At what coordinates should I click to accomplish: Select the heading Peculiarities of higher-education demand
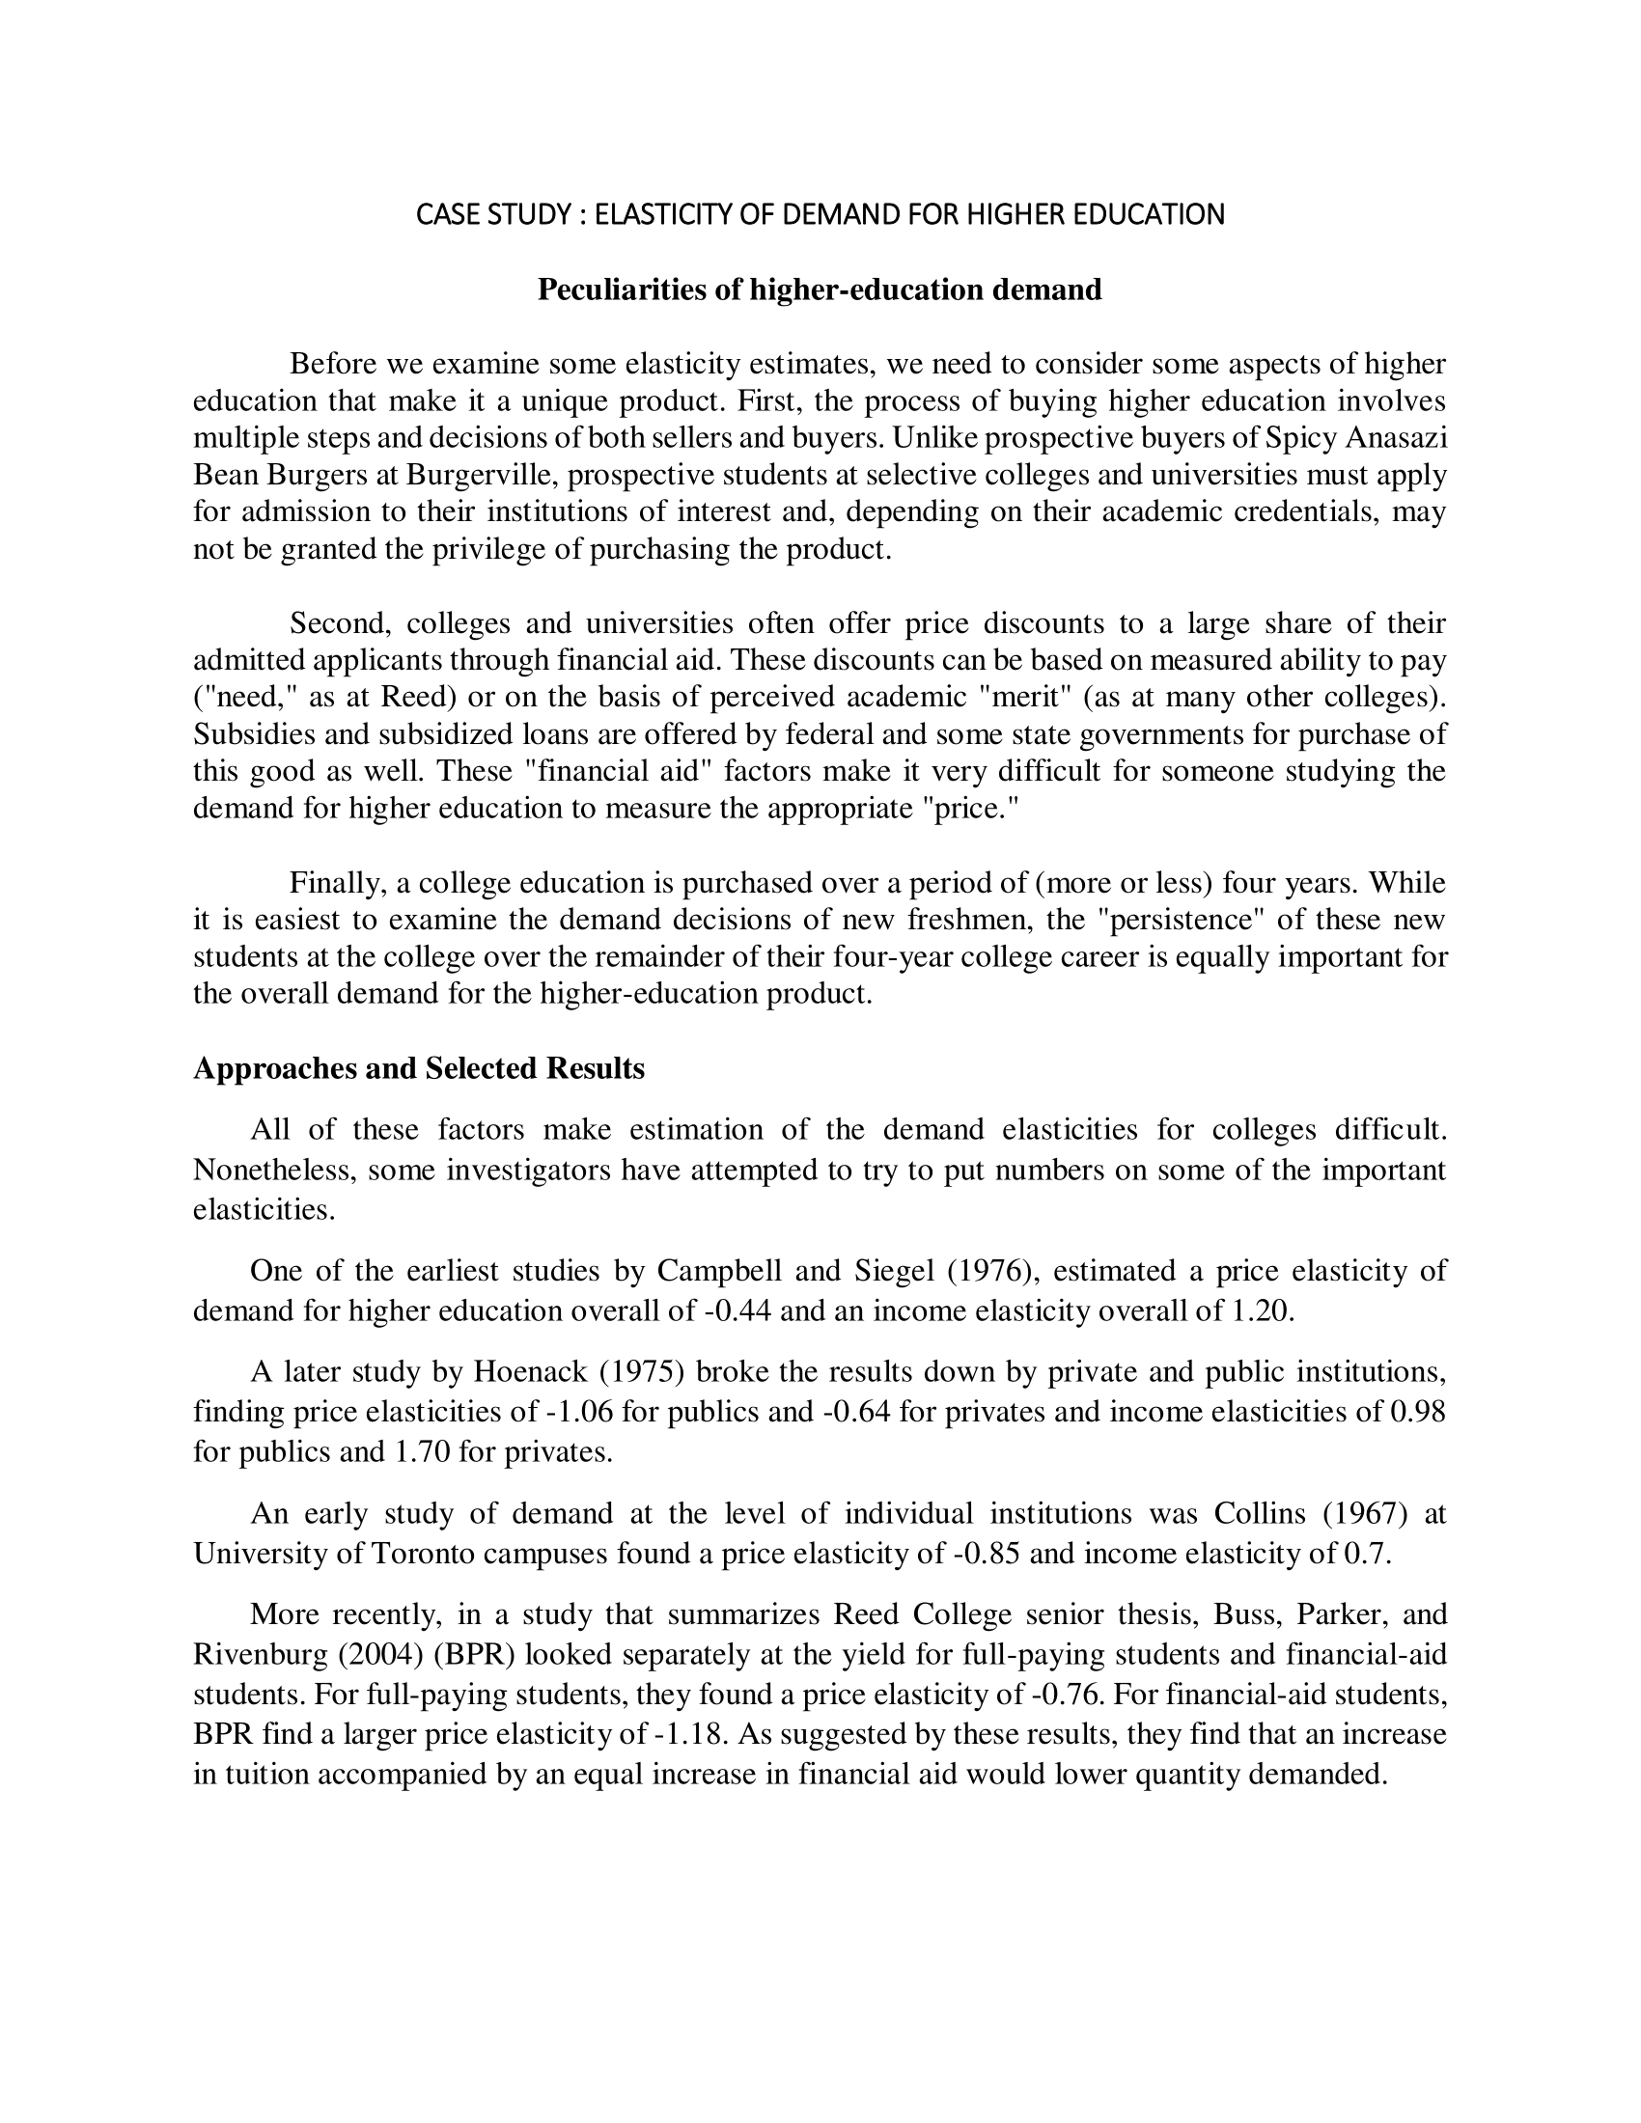pos(820,289)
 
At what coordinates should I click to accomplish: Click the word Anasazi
pos(1396,438)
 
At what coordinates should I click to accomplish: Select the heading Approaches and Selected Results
pos(419,1068)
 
